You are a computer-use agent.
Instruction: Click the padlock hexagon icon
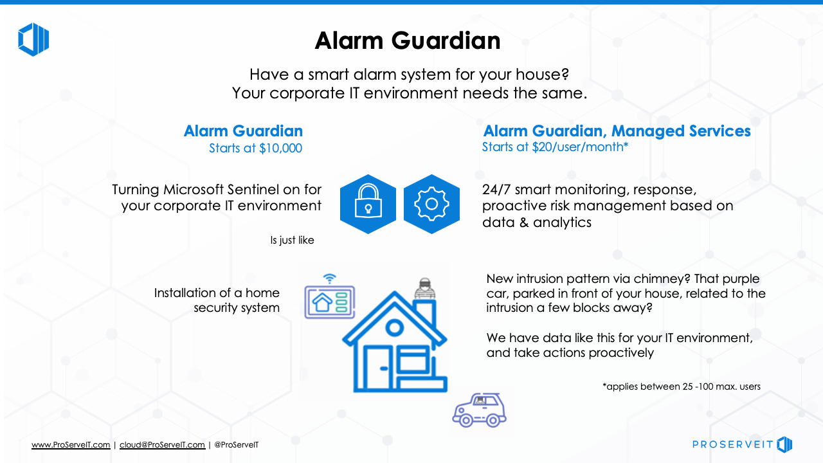tap(368, 204)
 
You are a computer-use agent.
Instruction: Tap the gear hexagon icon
tap(431, 204)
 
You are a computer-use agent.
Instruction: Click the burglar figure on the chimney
tap(425, 289)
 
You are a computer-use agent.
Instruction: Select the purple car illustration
tap(480, 410)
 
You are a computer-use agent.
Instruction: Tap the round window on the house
tap(395, 327)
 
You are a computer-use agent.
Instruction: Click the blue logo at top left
tap(33, 39)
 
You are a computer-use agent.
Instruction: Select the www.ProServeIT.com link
tap(71, 444)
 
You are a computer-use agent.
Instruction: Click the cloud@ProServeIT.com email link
tap(163, 444)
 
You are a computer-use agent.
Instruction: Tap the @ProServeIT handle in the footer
tap(236, 444)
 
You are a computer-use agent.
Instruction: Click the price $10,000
tap(281, 148)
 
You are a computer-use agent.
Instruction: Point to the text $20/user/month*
tap(580, 147)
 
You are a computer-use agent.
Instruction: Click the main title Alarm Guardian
tap(408, 40)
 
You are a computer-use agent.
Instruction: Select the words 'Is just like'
tap(292, 240)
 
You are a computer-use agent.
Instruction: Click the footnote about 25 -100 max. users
tap(682, 386)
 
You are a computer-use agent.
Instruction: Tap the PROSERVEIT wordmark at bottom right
tap(732, 444)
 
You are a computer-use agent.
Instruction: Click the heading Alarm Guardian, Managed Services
tap(617, 131)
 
